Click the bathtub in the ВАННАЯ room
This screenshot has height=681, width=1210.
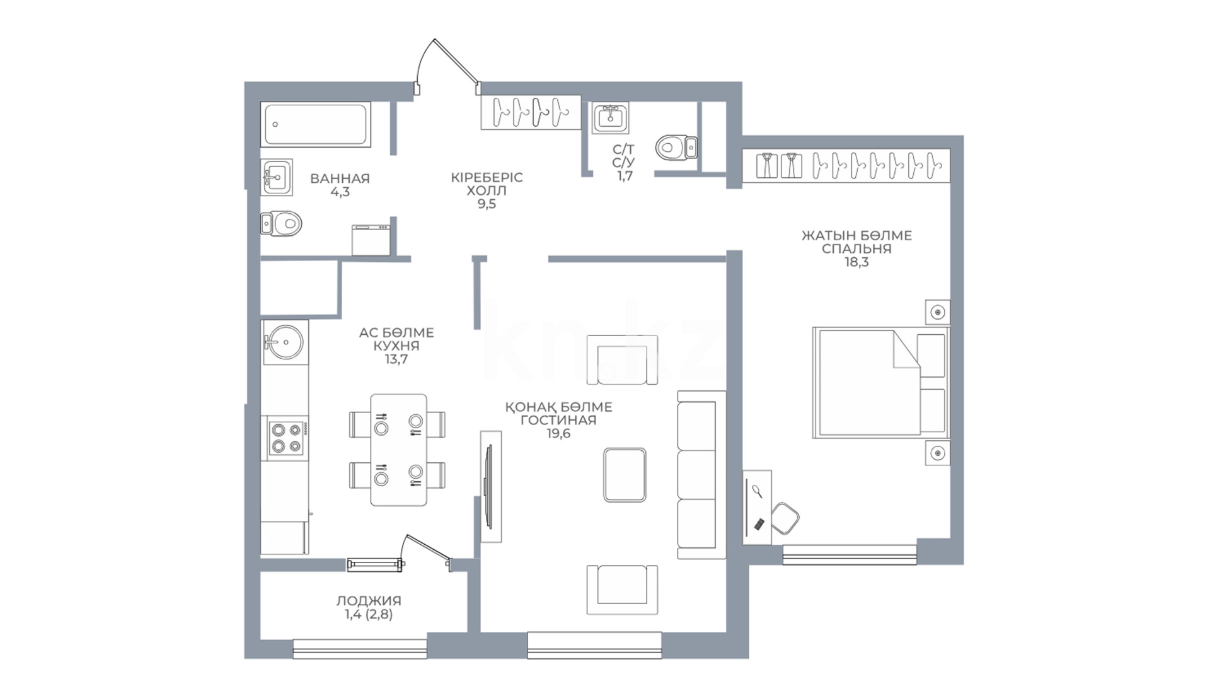pos(316,124)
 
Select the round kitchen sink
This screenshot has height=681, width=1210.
pos(285,342)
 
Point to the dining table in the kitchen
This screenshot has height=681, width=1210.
pos(398,450)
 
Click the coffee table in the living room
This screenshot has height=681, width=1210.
pos(625,475)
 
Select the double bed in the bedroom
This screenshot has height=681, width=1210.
pos(880,382)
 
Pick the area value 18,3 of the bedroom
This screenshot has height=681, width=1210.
pos(856,262)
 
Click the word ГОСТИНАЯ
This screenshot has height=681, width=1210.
pos(558,421)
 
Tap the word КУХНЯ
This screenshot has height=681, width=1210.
pos(396,346)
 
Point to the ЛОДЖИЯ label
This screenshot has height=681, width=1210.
pos(369,601)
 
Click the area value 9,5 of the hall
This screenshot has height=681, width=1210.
pos(487,204)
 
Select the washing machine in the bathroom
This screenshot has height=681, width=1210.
pos(371,240)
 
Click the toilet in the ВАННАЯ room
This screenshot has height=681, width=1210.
pos(282,223)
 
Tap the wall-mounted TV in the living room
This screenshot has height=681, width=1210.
pos(489,486)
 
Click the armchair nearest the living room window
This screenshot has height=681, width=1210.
pos(622,590)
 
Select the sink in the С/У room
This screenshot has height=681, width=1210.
pos(610,118)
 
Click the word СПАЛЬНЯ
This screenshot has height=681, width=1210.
pos(856,249)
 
